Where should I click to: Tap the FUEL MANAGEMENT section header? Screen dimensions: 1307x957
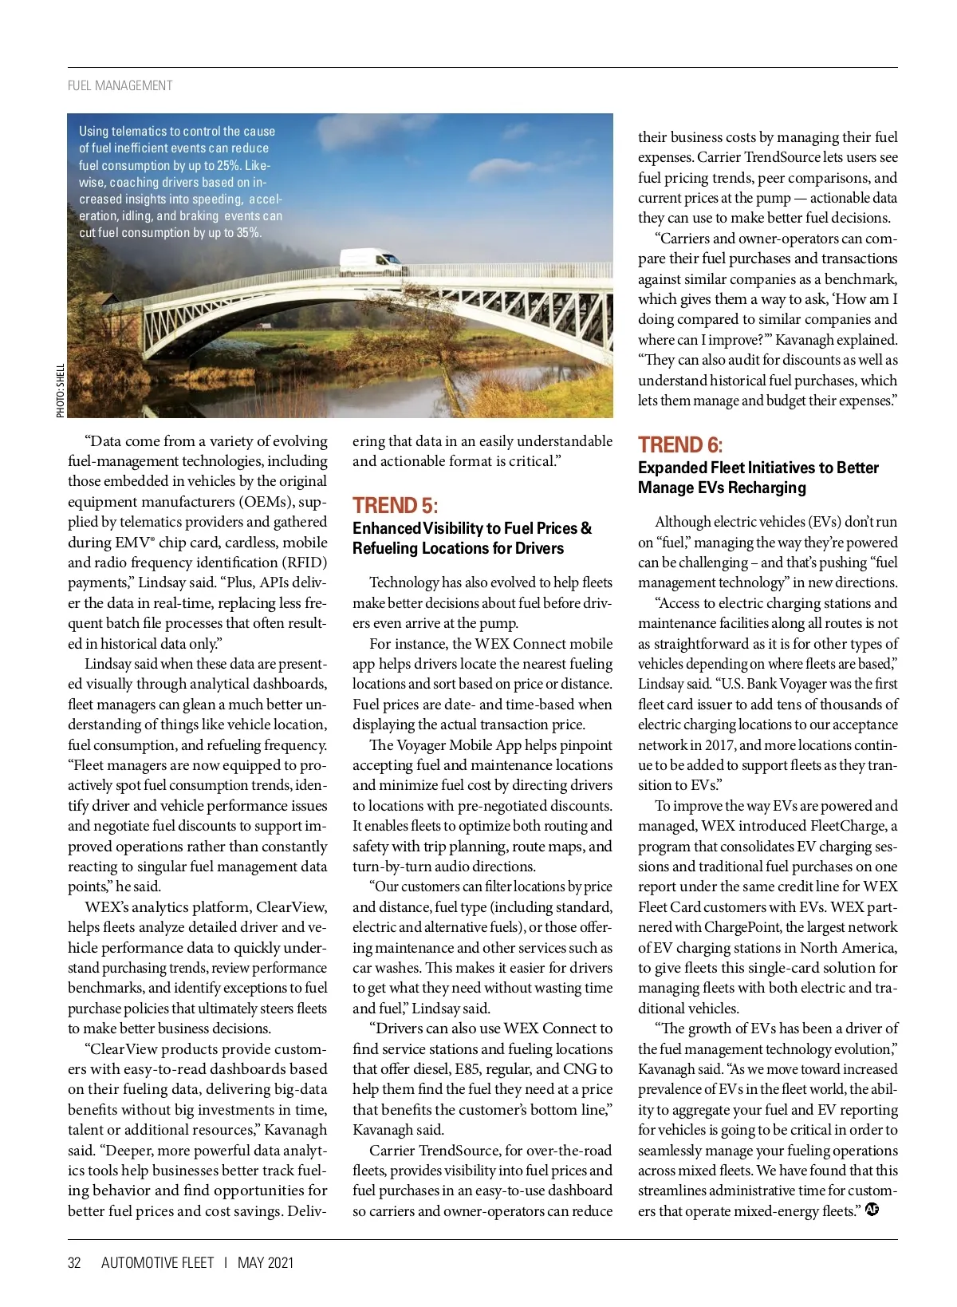click(x=120, y=85)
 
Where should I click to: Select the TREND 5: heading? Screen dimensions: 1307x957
click(x=395, y=505)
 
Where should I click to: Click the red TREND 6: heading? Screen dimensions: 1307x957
click(x=679, y=444)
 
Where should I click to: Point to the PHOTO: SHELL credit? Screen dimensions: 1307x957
click(x=61, y=390)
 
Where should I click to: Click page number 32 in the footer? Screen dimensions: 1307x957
click(x=74, y=1262)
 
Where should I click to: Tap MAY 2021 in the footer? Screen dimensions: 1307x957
click(x=266, y=1262)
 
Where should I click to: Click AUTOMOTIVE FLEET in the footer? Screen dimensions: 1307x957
click(x=157, y=1262)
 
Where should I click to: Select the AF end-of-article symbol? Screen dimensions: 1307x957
click(x=872, y=1209)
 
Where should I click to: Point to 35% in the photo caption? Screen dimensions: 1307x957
click(x=249, y=233)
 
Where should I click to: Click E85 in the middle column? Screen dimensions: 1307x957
click(x=467, y=1069)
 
